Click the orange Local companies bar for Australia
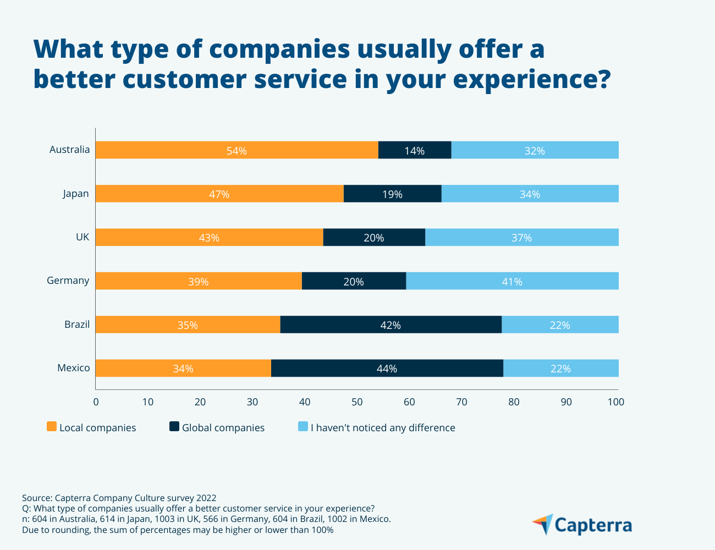[165, 150]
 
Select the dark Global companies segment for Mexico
[387, 369]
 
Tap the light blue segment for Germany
[512, 281]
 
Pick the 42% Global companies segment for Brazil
[391, 325]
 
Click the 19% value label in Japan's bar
[392, 194]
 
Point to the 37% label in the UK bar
[521, 238]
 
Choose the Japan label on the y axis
[76, 194]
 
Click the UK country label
[82, 237]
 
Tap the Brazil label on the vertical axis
[77, 324]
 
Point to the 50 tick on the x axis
[357, 402]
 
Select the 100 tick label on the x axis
[616, 402]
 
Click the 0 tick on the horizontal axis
[96, 402]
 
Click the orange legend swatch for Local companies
[52, 427]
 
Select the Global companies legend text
[223, 428]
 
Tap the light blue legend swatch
[302, 427]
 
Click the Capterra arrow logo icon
[543, 524]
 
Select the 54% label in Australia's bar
[237, 151]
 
